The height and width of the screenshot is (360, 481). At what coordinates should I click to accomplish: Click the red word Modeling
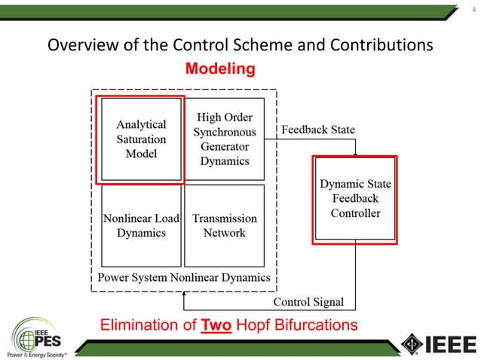[220, 69]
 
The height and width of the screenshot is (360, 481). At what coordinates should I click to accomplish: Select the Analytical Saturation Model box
[141, 139]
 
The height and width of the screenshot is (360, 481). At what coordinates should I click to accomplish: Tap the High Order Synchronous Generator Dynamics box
[225, 139]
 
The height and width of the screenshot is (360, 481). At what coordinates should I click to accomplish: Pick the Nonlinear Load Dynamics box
[141, 225]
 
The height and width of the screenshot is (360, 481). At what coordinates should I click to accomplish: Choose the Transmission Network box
[225, 225]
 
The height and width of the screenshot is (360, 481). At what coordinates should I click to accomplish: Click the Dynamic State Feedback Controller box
[355, 199]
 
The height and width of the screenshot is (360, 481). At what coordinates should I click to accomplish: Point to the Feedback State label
[317, 130]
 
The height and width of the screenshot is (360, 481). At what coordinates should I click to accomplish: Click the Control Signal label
[308, 302]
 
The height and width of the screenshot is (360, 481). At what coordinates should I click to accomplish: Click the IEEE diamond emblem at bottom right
[412, 343]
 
